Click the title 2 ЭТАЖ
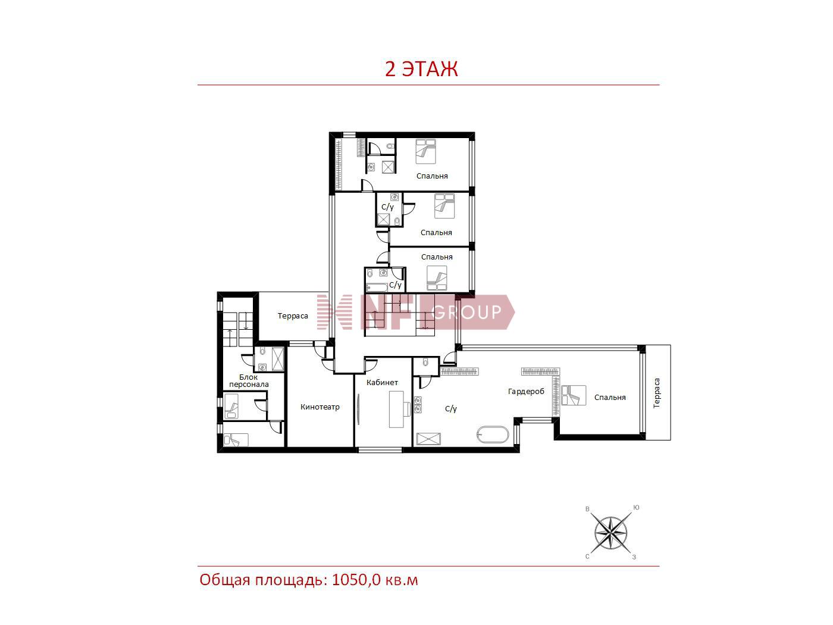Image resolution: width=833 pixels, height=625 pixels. (421, 69)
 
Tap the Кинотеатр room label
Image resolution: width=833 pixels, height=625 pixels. (320, 407)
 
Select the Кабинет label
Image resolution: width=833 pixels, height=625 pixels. (382, 383)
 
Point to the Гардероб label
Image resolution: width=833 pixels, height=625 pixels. (525, 391)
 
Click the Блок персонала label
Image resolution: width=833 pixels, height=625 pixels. (249, 380)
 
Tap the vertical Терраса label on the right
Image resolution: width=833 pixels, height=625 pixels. (656, 393)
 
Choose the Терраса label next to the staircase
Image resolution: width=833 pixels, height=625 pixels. (293, 316)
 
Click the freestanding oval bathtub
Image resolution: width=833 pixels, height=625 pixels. (493, 435)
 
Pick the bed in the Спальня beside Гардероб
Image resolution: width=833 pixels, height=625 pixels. (574, 395)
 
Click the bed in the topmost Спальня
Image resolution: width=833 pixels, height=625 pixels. (425, 151)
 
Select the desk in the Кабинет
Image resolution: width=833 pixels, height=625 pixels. (396, 409)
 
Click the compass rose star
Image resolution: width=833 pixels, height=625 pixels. (610, 533)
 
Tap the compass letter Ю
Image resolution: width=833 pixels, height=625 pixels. (637, 508)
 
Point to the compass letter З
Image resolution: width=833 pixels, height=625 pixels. (634, 557)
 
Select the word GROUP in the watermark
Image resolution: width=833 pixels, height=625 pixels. (466, 312)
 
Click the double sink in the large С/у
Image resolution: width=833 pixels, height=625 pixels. (418, 405)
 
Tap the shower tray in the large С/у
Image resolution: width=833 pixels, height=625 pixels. (428, 439)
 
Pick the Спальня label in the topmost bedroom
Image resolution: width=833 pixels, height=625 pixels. (432, 176)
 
